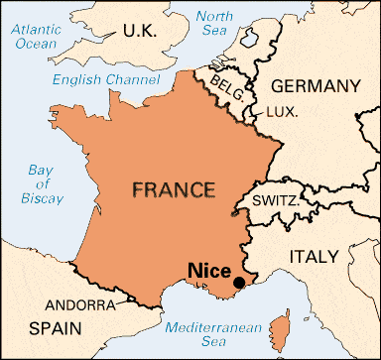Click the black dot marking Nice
238,284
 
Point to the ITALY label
313,256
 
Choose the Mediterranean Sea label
213,336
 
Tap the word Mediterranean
213,327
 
